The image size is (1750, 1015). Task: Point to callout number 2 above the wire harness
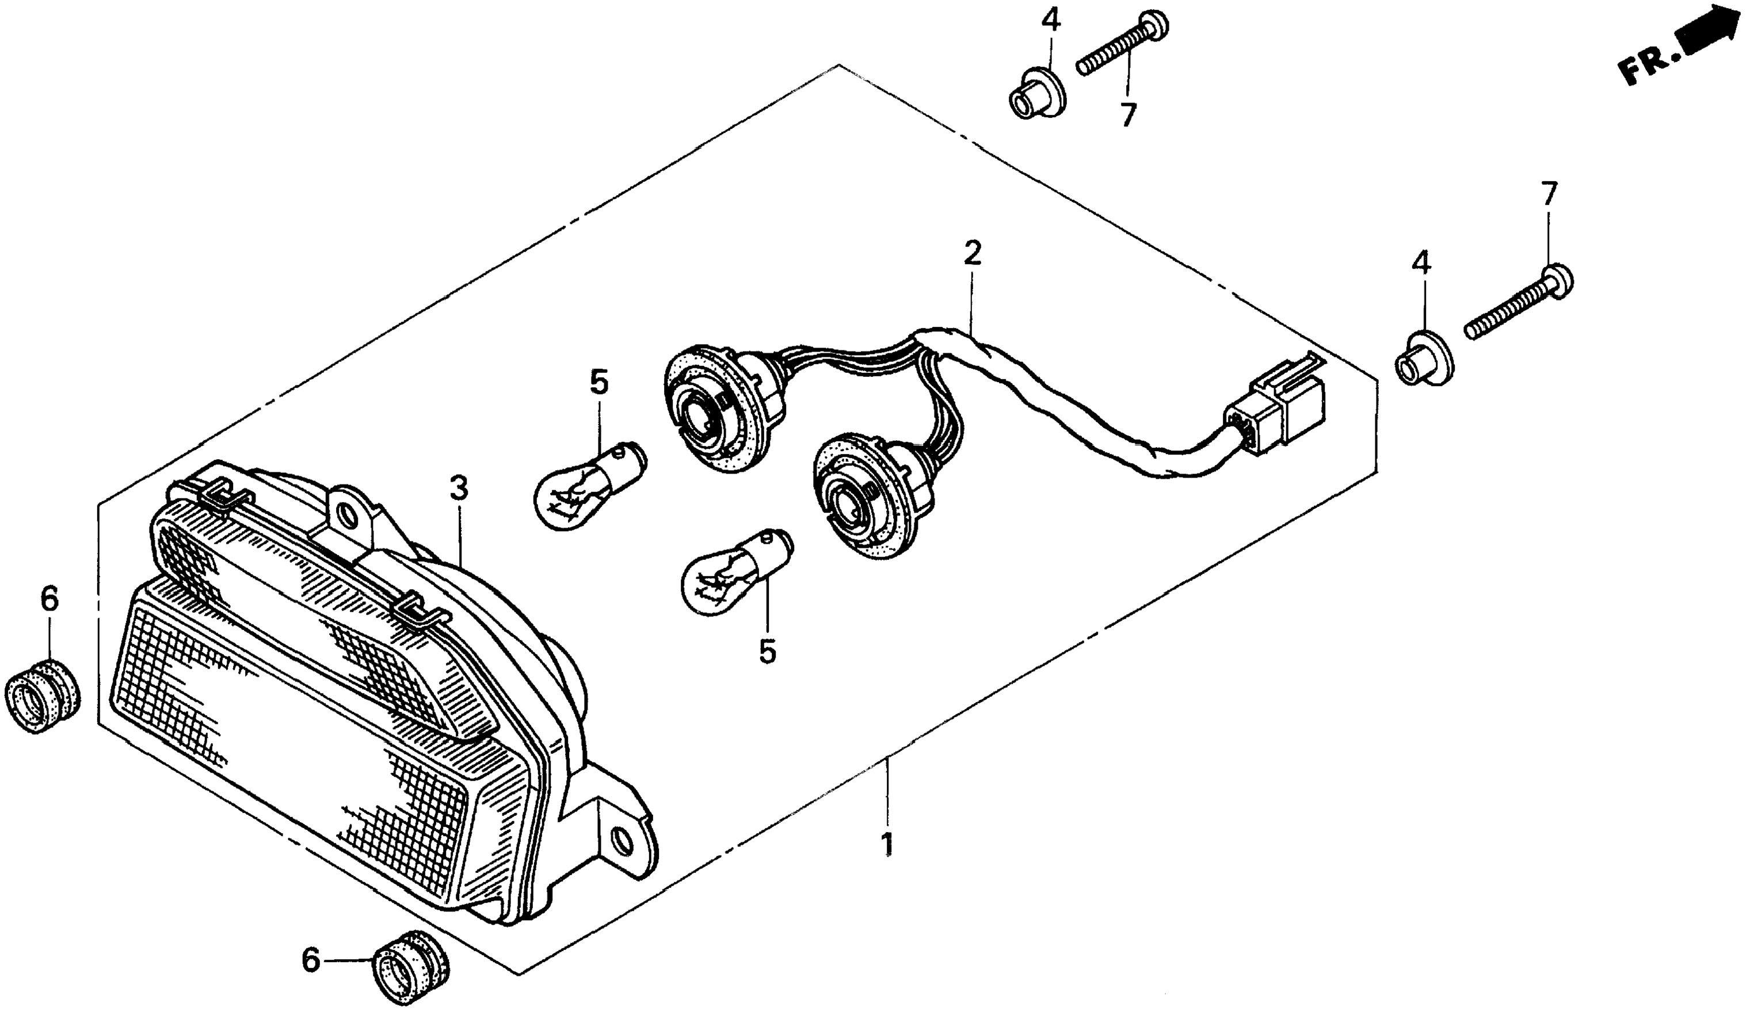coord(972,255)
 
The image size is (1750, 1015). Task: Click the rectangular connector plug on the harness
coord(1281,406)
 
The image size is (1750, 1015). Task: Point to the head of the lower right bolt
coord(1558,280)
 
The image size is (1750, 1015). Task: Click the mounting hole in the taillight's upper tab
coord(345,513)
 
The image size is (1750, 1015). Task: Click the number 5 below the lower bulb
coord(767,652)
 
